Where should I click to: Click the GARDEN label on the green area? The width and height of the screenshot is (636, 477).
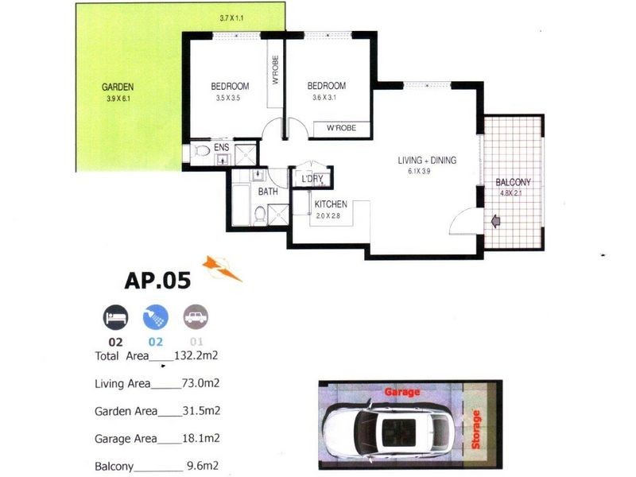[x=117, y=87]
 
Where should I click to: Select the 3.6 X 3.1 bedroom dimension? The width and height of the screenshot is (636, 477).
[x=327, y=99]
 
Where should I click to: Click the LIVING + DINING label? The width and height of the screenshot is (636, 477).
[x=427, y=161]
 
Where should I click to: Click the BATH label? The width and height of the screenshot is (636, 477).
[x=268, y=192]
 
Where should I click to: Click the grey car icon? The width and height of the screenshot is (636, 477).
[x=195, y=318]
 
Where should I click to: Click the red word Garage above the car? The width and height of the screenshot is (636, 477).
[x=402, y=392]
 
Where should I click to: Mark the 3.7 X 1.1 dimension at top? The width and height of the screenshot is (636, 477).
[x=234, y=17]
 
